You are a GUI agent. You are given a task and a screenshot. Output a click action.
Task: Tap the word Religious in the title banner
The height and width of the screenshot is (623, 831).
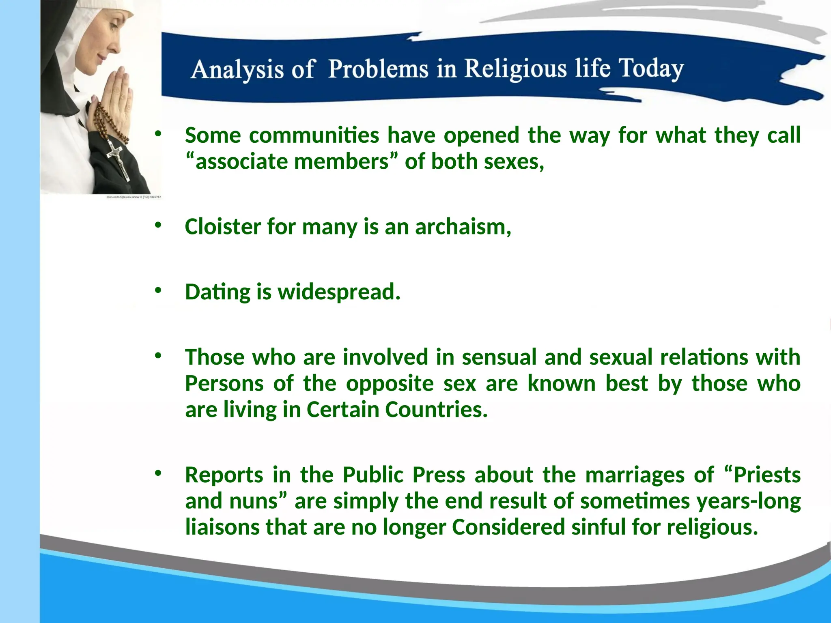(x=515, y=68)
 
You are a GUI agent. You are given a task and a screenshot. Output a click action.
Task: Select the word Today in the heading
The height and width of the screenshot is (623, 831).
(x=651, y=68)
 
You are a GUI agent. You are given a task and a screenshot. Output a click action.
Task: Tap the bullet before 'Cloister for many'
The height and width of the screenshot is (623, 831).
(x=158, y=225)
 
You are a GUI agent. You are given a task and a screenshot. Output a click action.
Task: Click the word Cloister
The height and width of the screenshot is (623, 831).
(x=222, y=226)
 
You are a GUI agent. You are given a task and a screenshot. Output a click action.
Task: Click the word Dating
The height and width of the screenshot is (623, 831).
(x=217, y=292)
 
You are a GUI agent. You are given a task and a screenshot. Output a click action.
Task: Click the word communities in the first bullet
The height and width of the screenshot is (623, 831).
(x=314, y=135)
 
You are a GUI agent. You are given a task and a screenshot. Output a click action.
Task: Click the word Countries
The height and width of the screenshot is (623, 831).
(x=436, y=410)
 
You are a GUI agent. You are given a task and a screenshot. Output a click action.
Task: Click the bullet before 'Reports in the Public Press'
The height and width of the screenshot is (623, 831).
(x=158, y=473)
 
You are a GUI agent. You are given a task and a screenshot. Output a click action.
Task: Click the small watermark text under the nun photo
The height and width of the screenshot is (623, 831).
(x=134, y=197)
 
